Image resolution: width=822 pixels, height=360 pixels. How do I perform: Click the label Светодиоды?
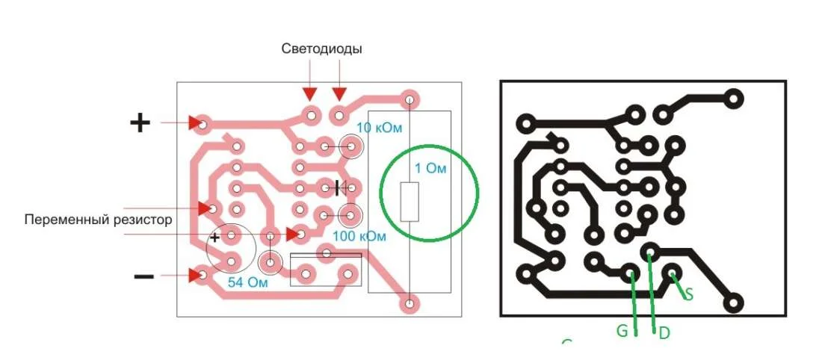321,49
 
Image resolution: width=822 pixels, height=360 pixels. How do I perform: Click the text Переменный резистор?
98,219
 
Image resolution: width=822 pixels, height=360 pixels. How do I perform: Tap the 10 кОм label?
379,127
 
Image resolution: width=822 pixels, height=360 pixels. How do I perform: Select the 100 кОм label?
359,236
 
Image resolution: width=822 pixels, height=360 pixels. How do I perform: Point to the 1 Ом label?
430,169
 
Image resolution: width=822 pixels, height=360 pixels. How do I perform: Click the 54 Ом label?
247,282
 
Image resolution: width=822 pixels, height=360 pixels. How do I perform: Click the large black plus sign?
140,123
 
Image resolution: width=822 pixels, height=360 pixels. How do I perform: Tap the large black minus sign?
143,276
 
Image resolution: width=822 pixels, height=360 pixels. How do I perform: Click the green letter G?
622,331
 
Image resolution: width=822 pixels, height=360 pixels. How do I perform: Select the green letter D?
664,333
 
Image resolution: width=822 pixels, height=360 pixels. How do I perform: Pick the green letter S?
689,294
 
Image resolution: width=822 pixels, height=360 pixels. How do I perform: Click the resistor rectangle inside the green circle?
410,202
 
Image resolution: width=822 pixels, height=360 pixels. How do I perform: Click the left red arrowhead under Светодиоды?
310,94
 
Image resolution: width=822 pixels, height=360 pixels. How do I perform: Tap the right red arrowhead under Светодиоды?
340,94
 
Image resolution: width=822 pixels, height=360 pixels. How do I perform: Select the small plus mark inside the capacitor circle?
215,238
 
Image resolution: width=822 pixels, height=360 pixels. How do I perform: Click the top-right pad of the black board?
733,98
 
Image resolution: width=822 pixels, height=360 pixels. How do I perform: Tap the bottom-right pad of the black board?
733,302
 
